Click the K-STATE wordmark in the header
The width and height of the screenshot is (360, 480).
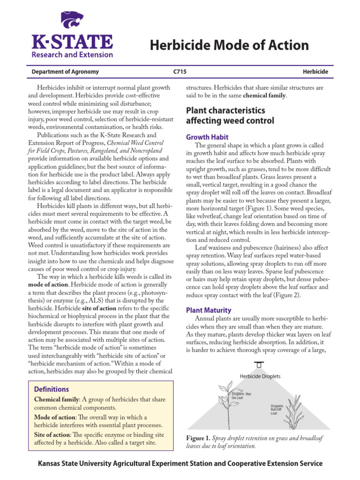72,42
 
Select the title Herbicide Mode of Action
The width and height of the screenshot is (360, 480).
229,45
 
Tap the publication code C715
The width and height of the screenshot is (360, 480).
180,72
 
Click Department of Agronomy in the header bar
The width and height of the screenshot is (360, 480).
65,72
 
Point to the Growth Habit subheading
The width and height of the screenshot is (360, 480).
207,137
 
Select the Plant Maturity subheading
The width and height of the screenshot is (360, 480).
209,310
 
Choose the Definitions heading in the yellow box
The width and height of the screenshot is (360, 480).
52,389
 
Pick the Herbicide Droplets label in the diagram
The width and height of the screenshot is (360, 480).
260,376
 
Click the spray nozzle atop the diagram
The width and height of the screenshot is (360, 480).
258,365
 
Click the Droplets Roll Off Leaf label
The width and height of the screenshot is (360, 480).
277,410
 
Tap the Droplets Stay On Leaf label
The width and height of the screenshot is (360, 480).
241,396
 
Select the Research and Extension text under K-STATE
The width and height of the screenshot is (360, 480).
72,54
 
